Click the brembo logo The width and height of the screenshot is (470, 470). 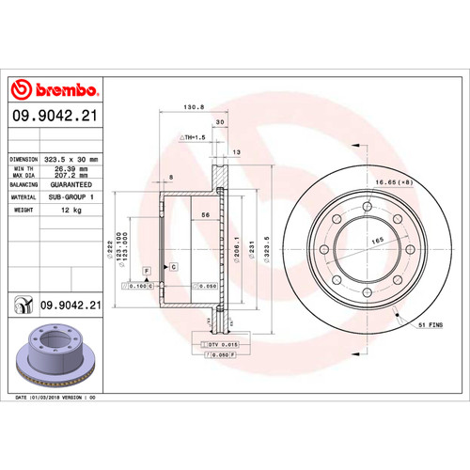pos(54,90)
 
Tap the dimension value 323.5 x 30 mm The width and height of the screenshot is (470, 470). pos(74,160)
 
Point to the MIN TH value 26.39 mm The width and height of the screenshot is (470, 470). pos(74,170)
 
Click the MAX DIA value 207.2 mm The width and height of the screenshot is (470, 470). pos(74,177)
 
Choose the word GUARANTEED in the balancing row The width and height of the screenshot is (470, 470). pos(74,186)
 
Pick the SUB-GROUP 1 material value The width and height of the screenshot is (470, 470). pos(74,197)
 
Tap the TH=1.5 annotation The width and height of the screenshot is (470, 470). pos(194,137)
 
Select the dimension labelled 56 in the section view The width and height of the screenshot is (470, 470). pos(204,215)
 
